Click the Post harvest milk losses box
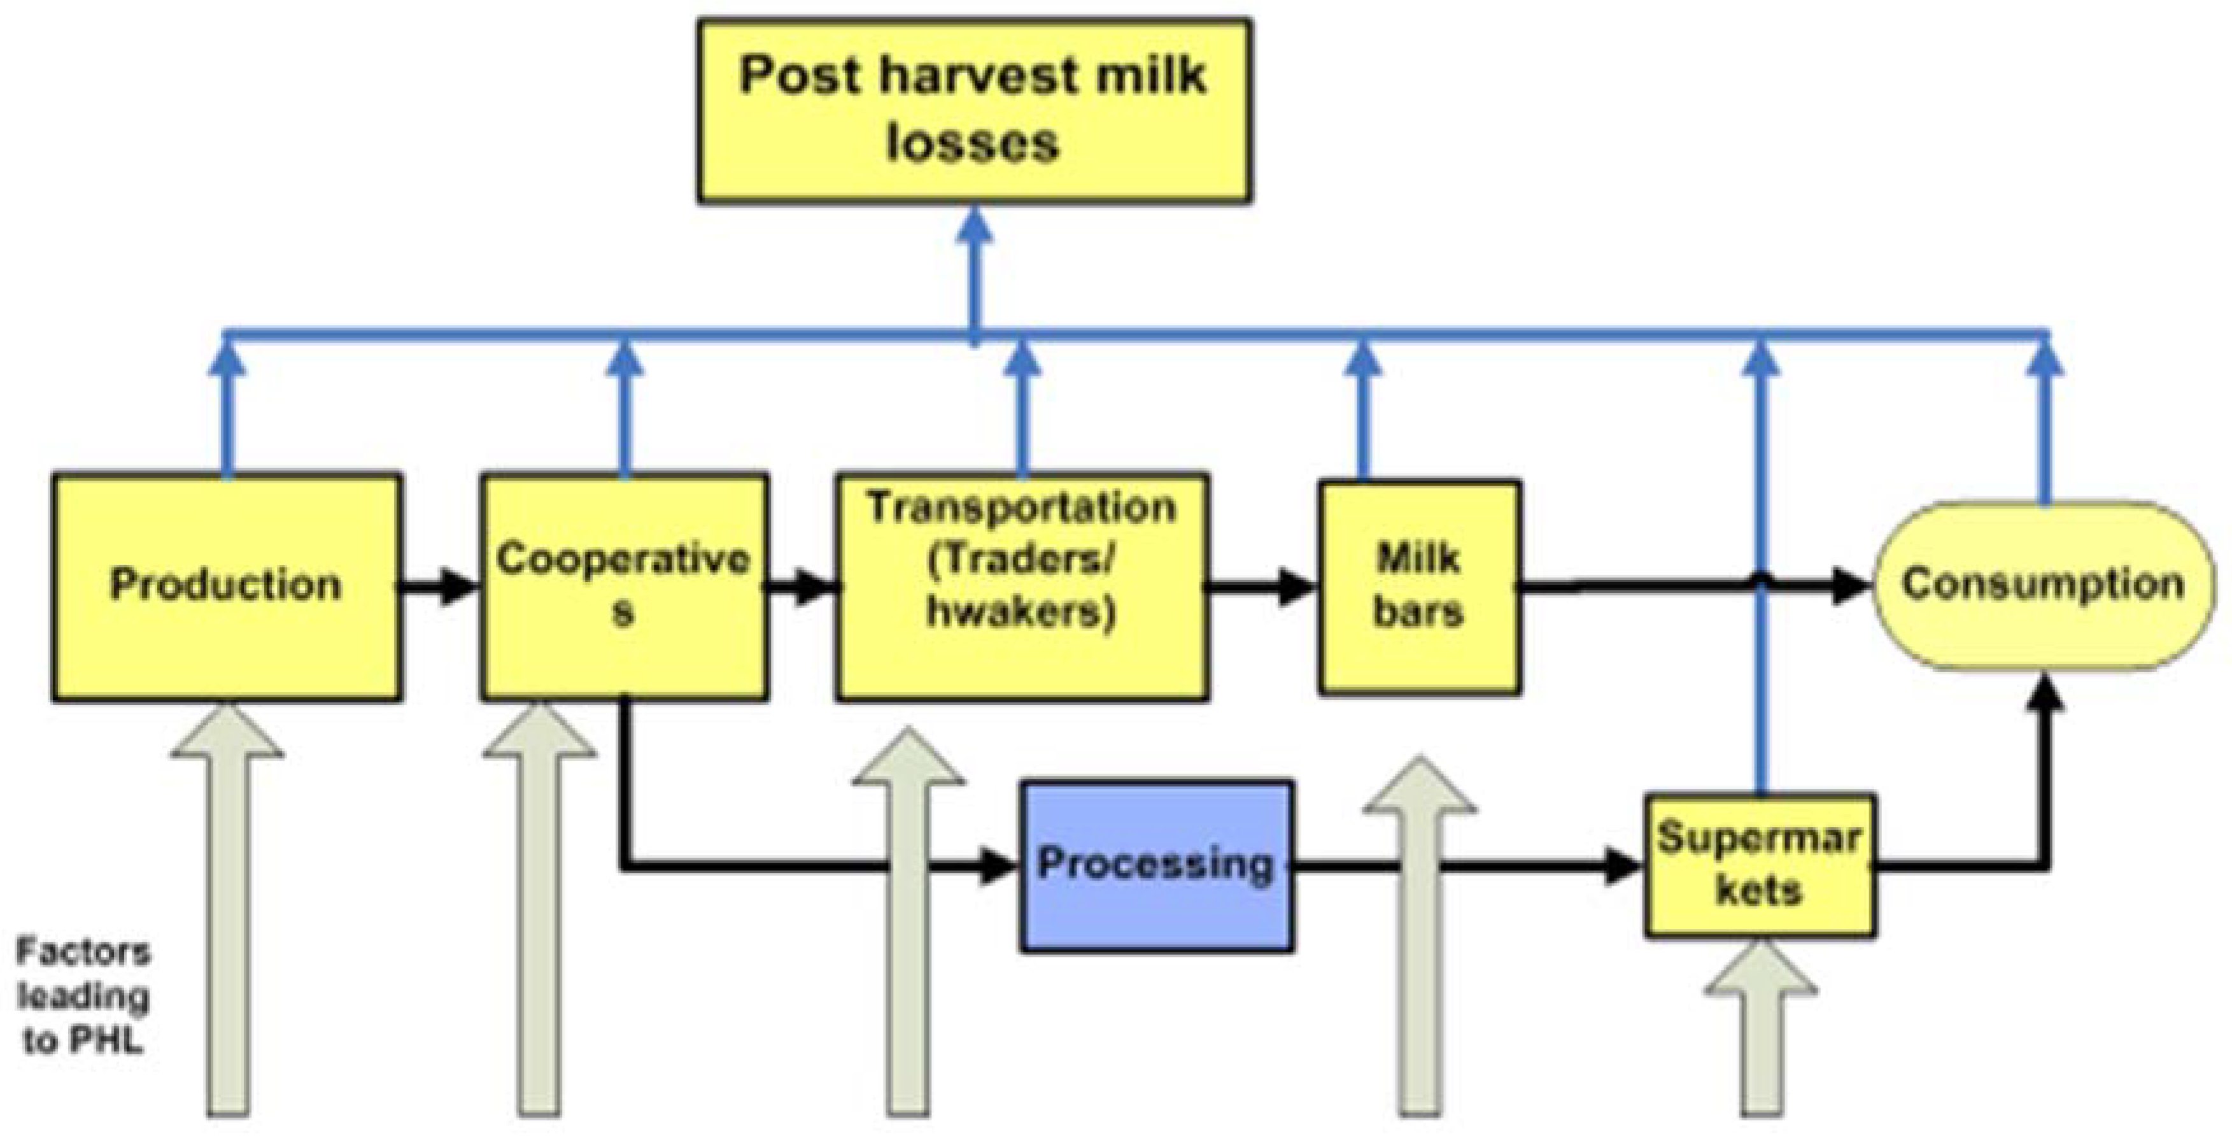click(974, 111)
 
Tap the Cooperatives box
click(624, 586)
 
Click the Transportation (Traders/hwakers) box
click(1022, 586)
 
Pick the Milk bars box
click(1418, 586)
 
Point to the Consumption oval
click(2042, 586)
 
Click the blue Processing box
click(1156, 865)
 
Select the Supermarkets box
click(1760, 865)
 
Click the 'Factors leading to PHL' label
click(82, 997)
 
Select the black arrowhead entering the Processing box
click(996, 865)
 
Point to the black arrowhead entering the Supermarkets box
click(1625, 865)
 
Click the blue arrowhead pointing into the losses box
click(976, 227)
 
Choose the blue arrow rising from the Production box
click(228, 408)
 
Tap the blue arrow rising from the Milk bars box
click(1364, 408)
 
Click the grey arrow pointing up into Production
click(228, 910)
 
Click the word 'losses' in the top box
click(972, 144)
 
